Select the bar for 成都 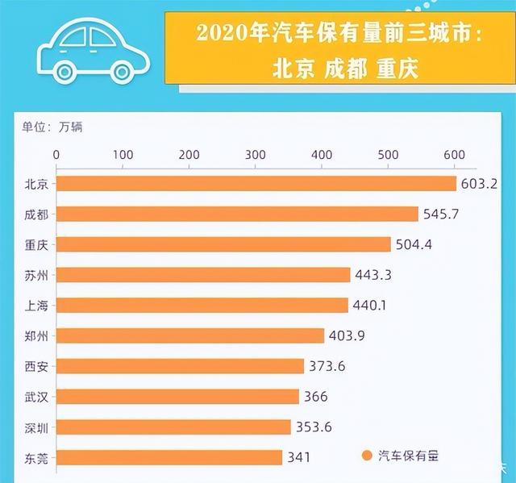237,214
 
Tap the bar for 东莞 169,457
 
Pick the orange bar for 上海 202,305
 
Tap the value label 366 315,397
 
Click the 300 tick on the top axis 255,155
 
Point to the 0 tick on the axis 56,155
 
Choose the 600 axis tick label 454,155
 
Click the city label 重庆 36,244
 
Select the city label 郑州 36,335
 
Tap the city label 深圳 36,427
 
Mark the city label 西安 36,366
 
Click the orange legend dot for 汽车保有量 368,456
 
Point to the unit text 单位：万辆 52,127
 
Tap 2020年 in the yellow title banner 221,36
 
